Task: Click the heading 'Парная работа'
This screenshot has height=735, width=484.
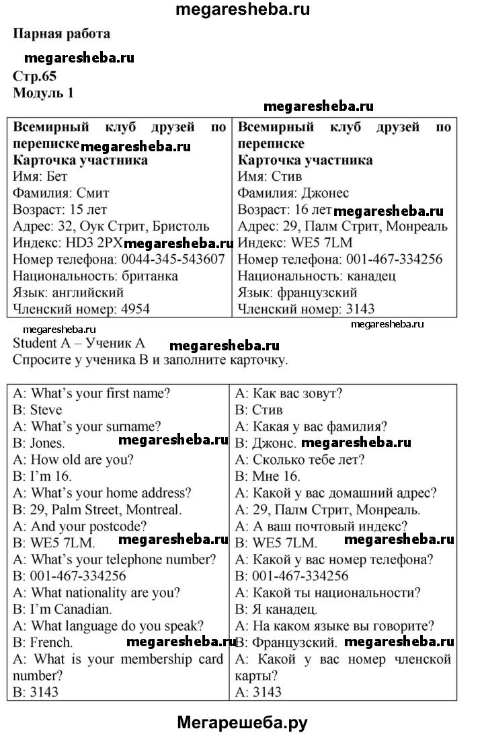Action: [x=61, y=33]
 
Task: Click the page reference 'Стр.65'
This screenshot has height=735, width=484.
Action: [x=34, y=76]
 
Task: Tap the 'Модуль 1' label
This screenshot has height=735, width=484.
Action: [x=43, y=93]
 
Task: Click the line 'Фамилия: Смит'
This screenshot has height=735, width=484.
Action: [x=61, y=194]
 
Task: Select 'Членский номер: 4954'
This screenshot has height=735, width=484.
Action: [x=81, y=309]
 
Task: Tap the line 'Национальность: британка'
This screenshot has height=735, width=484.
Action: [x=95, y=276]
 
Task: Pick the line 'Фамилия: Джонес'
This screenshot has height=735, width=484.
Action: [x=294, y=194]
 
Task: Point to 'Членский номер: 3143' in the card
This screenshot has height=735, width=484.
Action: [x=307, y=309]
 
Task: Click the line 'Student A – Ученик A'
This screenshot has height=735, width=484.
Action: [x=79, y=343]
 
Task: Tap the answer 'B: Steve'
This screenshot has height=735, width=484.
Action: [x=38, y=410]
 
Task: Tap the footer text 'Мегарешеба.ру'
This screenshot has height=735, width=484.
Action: [x=242, y=722]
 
